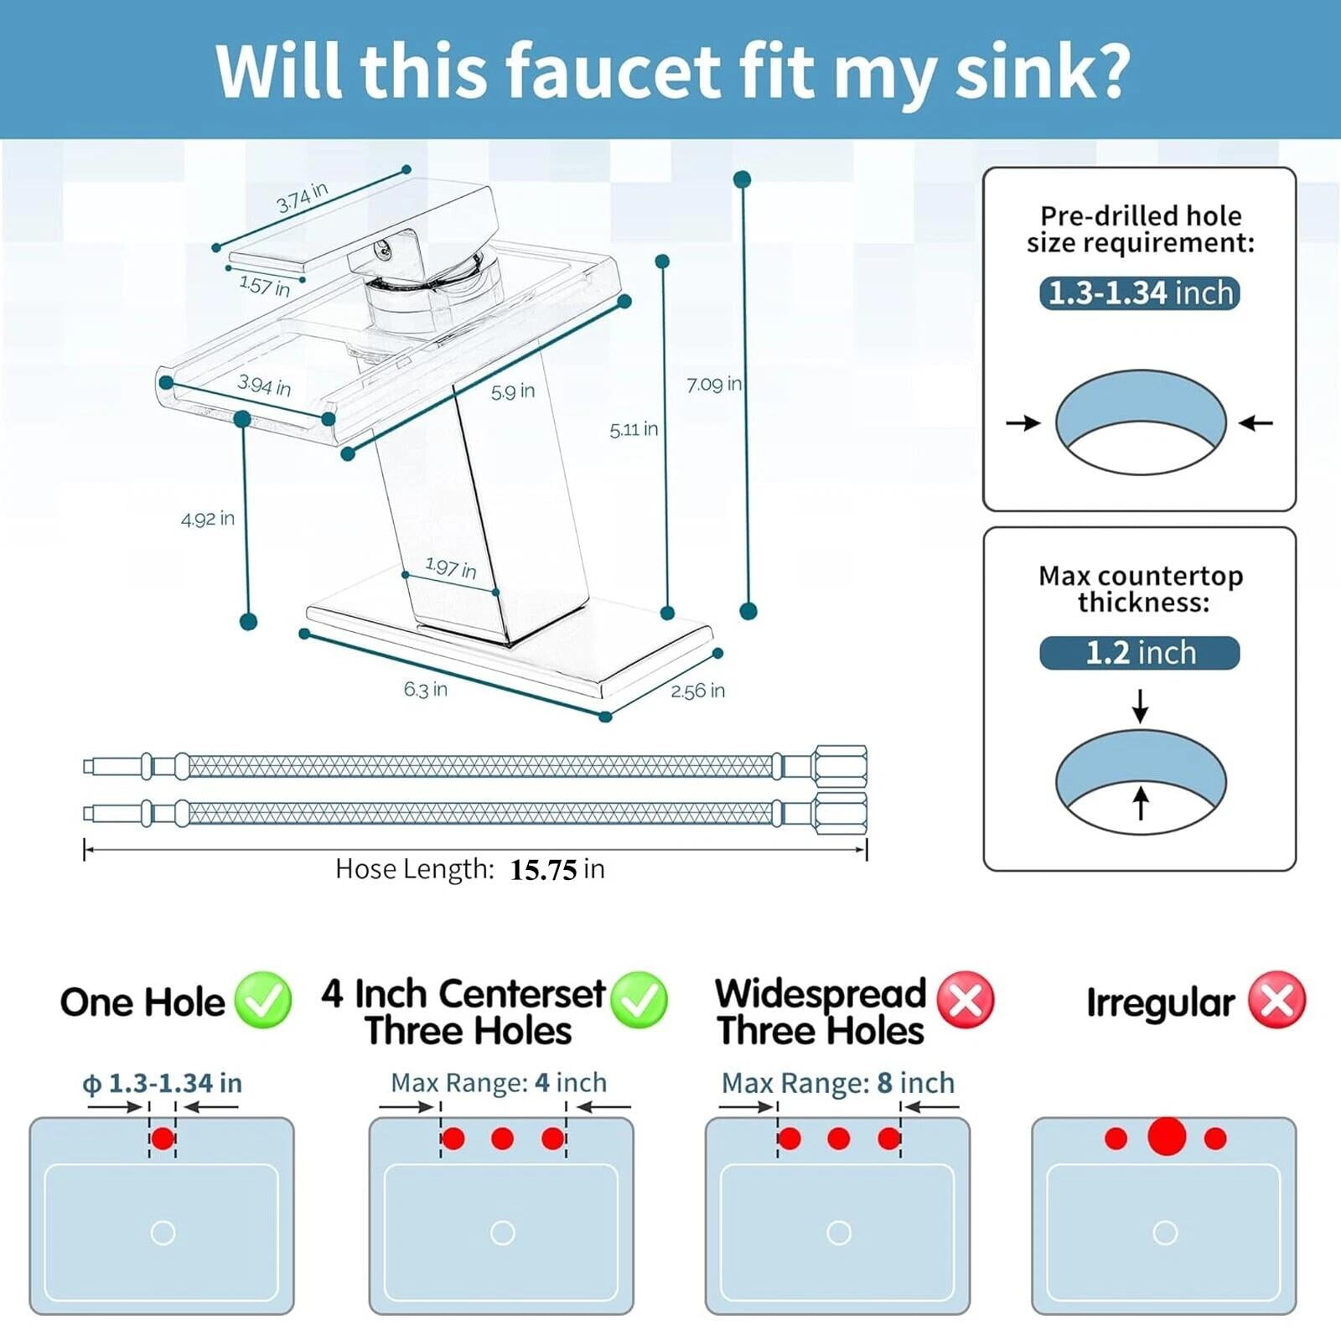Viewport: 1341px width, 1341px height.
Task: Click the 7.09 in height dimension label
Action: tap(714, 385)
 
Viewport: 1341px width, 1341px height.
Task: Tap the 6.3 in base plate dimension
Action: tap(426, 689)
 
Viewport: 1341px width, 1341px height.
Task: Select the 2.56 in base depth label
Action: tap(697, 691)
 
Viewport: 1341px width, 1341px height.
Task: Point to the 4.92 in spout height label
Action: tap(208, 519)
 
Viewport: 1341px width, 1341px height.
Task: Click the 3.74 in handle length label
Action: tap(302, 197)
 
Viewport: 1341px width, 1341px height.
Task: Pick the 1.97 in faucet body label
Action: tap(451, 568)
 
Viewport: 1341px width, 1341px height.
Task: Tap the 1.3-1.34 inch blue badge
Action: tap(1140, 293)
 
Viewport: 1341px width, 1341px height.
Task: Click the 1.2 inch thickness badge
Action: tap(1140, 653)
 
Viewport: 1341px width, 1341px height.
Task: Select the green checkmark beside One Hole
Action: tap(263, 1000)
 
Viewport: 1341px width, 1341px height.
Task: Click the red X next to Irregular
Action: tap(1277, 1000)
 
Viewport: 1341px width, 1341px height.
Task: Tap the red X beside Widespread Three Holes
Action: tap(966, 1000)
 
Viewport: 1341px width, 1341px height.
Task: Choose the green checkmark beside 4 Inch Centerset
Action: tap(639, 1000)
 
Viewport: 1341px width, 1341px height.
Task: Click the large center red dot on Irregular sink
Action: tap(1167, 1136)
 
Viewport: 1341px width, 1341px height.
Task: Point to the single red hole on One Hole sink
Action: tap(163, 1138)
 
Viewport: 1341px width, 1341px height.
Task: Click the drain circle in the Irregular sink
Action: tap(1165, 1233)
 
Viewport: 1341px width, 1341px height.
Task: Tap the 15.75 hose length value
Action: tap(543, 870)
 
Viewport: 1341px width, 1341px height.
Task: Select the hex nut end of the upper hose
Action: tap(839, 766)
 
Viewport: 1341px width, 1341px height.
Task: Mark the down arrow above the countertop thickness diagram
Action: tap(1140, 706)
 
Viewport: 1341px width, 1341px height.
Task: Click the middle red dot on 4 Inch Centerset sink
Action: tap(503, 1138)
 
